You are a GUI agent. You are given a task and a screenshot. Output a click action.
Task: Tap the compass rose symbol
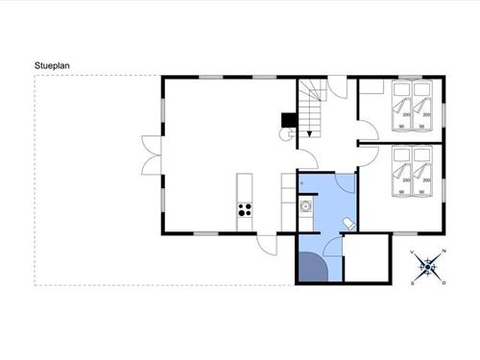tap(429, 267)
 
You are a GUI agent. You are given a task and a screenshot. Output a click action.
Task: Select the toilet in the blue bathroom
tap(348, 223)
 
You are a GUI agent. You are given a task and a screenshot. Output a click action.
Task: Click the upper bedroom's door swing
tap(368, 132)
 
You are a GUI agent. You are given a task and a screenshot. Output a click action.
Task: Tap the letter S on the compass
tap(414, 283)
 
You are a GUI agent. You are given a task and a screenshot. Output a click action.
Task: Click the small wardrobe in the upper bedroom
tap(372, 87)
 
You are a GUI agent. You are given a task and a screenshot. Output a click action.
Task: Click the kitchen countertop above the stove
tap(243, 186)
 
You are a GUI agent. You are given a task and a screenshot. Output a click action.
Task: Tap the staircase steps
tap(310, 100)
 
